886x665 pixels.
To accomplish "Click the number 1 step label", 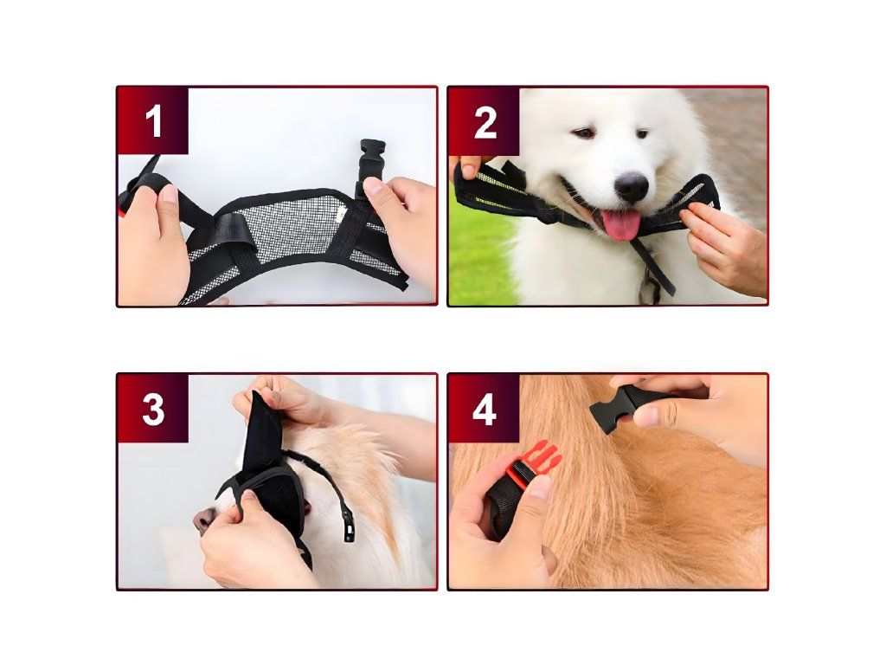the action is tap(153, 121).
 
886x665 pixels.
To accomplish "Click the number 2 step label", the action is tap(485, 121).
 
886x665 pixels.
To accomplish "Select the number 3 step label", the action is tap(153, 409).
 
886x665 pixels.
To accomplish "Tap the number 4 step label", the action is tap(485, 409).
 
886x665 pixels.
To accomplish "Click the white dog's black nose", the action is tap(631, 186).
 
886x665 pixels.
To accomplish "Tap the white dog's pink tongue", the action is tap(621, 224).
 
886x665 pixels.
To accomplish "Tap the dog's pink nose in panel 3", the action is tap(203, 520).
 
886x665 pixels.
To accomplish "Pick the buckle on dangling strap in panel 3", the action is tap(350, 529).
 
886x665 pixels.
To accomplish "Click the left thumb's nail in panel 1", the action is tap(169, 194).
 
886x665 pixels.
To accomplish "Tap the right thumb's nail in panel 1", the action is tap(372, 187).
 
